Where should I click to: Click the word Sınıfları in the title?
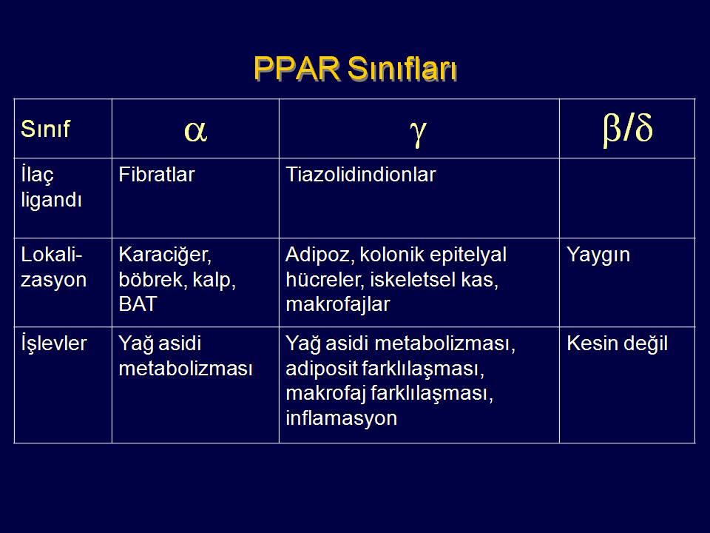[402, 70]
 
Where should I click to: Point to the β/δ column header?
[628, 129]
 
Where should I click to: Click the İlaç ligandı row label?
[51, 187]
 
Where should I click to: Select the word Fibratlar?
[156, 175]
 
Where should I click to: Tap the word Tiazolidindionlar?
[360, 175]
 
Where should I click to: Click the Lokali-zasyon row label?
[53, 267]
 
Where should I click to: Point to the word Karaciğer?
[165, 255]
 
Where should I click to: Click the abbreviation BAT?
[138, 304]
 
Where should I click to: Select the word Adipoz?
[319, 255]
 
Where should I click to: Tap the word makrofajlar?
[338, 304]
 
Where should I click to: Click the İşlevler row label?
[53, 343]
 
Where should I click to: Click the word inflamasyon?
[342, 418]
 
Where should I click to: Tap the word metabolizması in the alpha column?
[186, 369]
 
